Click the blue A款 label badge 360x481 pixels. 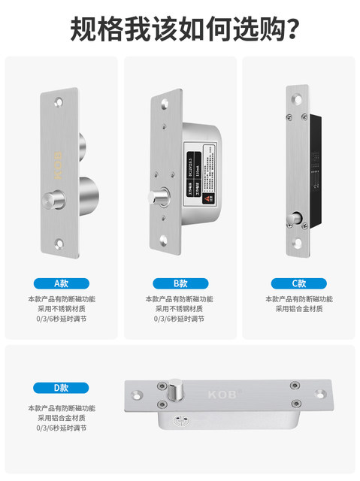point(62,283)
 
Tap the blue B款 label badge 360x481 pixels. point(180,283)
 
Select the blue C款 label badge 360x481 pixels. point(299,283)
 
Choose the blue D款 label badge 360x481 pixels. point(62,388)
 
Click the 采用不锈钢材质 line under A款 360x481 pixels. point(62,309)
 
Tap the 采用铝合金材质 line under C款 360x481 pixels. point(299,309)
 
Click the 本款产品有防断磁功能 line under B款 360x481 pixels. point(180,299)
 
